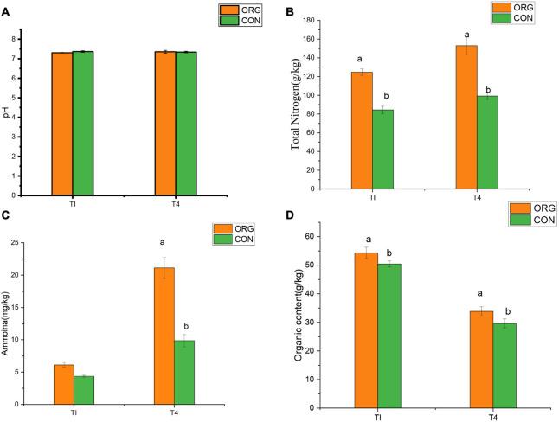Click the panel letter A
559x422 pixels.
tap(6, 6)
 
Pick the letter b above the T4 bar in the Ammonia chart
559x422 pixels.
tap(185, 326)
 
